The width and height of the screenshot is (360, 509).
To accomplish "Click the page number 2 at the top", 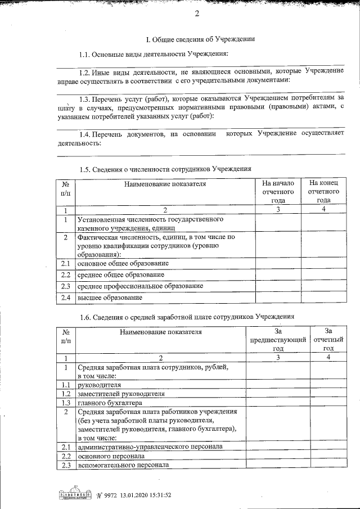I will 197,13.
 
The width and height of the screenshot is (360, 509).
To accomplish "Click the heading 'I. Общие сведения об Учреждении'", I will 200,39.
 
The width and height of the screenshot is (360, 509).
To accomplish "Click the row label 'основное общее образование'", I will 123,263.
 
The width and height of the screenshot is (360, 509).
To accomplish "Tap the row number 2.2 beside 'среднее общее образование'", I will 65,274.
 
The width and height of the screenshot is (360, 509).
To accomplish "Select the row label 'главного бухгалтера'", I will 110,403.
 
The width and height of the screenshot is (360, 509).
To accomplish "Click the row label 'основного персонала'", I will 107,456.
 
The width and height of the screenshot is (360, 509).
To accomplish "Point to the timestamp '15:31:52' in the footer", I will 156,495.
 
